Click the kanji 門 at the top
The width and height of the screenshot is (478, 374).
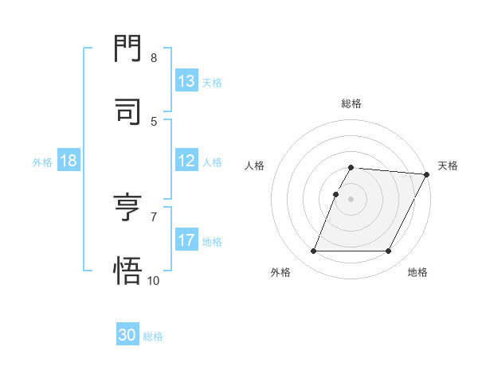(x=128, y=49)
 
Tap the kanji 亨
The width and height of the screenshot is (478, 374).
(x=128, y=208)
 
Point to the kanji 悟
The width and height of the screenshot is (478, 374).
(x=128, y=271)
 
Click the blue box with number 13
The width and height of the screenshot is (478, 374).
(x=186, y=81)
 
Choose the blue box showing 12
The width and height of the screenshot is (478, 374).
(x=186, y=161)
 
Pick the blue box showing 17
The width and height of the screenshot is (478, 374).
(x=186, y=240)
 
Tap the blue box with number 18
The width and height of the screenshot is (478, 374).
(x=69, y=161)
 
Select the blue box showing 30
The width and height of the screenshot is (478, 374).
(x=127, y=335)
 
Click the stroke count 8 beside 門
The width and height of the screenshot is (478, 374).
(x=154, y=58)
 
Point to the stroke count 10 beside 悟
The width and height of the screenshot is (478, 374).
(x=154, y=280)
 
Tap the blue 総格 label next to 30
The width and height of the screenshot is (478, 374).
(x=154, y=337)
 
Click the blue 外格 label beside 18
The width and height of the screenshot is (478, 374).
(x=42, y=162)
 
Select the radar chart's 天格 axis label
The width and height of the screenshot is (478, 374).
(x=448, y=166)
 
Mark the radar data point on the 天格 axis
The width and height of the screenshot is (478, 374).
(x=427, y=174)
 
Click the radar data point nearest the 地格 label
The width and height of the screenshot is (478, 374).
(x=389, y=251)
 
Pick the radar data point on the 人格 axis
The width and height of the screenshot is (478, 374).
(x=336, y=194)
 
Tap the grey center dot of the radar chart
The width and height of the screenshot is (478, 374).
(x=351, y=199)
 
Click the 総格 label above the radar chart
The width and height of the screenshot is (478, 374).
(x=351, y=103)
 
